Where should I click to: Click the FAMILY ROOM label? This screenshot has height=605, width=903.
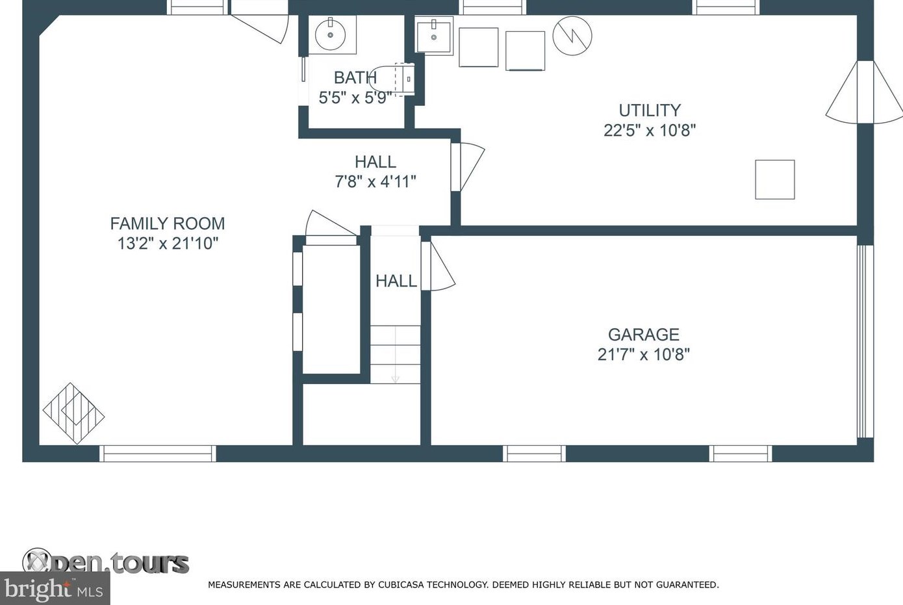(168, 224)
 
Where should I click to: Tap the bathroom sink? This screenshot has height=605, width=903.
(330, 34)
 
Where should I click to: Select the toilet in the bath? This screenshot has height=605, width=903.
(392, 79)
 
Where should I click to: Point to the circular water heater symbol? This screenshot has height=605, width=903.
(572, 36)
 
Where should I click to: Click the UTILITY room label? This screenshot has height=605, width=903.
(650, 110)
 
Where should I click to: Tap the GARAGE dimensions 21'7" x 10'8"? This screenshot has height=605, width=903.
(643, 355)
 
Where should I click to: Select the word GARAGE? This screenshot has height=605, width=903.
(644, 335)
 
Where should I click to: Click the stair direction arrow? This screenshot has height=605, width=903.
(396, 355)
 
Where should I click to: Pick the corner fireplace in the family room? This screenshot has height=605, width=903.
(74, 413)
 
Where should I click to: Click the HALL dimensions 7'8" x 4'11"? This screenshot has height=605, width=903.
(375, 181)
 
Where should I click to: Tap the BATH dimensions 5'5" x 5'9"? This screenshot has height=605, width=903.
(355, 97)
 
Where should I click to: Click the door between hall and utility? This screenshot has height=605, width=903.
(468, 166)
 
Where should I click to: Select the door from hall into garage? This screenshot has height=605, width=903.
(438, 266)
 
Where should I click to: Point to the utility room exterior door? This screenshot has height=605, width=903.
(864, 92)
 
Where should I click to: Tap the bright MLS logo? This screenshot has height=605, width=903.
(55, 589)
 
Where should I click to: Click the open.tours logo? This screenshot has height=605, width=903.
(106, 562)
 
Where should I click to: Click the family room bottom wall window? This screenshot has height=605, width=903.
(158, 454)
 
